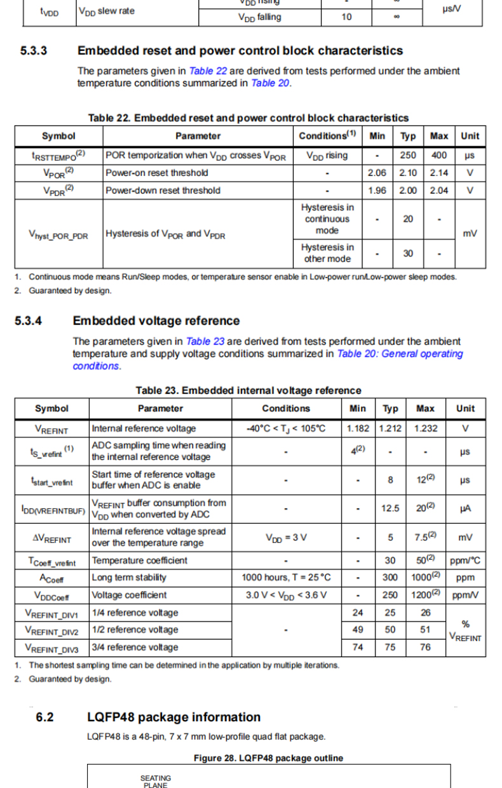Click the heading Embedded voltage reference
click(156, 321)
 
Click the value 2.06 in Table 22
click(377, 173)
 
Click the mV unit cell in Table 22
click(470, 233)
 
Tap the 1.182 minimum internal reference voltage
click(358, 428)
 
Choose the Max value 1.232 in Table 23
click(425, 428)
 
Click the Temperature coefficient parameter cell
click(140, 560)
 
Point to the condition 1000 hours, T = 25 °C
click(286, 578)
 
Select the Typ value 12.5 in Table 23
click(390, 508)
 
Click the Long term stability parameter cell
click(130, 578)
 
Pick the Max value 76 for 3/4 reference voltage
click(425, 647)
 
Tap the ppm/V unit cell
click(465, 595)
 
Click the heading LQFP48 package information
click(173, 717)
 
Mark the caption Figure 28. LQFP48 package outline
click(268, 758)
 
